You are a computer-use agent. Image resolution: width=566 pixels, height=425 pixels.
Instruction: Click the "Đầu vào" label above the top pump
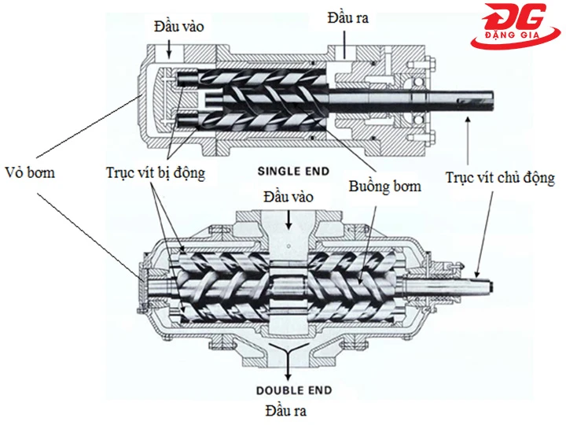178,26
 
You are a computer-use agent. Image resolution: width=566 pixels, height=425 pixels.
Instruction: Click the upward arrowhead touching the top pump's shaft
467,116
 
